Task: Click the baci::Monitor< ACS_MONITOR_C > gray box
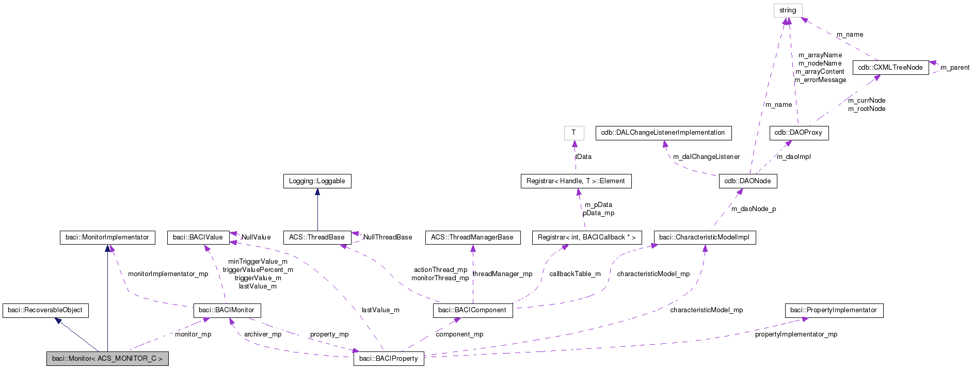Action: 107,359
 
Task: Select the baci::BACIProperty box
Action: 389,359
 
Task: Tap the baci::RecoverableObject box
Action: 45,310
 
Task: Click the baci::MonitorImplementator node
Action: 107,237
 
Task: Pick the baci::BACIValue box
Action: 198,237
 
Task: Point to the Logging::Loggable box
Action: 317,181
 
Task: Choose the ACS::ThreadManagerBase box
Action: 472,237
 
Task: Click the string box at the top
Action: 788,10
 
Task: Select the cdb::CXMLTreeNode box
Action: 890,68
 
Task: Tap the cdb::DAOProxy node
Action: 799,133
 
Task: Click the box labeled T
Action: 574,133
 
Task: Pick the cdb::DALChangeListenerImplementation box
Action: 663,133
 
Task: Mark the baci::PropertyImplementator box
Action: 834,310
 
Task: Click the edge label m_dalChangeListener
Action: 706,157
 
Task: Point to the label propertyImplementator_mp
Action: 796,334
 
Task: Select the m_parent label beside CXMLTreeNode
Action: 955,68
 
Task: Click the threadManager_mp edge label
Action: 502,274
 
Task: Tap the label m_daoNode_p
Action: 754,209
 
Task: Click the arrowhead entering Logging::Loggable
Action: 317,192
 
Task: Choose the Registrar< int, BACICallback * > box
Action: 587,237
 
